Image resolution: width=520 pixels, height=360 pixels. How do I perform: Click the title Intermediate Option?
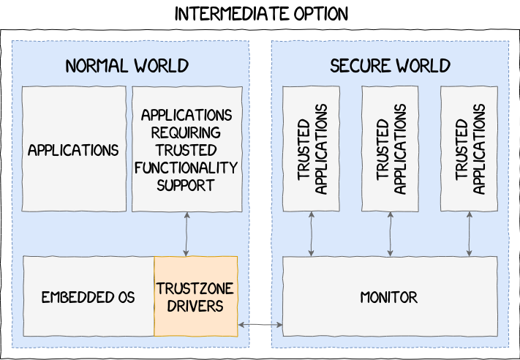[x=261, y=14]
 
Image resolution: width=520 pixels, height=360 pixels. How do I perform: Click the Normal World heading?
[x=127, y=66]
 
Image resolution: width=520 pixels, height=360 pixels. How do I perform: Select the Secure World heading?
[x=390, y=66]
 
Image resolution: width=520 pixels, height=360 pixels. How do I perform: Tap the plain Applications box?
[x=73, y=150]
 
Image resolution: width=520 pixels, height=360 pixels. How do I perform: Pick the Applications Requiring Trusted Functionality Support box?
[x=186, y=150]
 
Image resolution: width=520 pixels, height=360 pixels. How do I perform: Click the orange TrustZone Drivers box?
[x=195, y=296]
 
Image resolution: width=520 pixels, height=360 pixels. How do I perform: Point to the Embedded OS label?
[x=88, y=298]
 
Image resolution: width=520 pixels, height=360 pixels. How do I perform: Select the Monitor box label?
[x=389, y=298]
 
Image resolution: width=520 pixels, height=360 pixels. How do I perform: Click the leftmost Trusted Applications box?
[x=312, y=149]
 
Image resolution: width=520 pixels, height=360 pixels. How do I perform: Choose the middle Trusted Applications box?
[x=391, y=149]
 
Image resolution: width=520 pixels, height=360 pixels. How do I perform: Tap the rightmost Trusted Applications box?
[x=470, y=149]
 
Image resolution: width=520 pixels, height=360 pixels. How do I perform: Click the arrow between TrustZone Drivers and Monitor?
[x=260, y=324]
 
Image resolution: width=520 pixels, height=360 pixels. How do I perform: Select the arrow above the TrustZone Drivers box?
[x=187, y=234]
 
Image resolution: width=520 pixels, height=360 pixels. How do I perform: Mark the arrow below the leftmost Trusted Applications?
[x=312, y=234]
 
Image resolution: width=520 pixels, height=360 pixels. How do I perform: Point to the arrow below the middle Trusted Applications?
[x=391, y=234]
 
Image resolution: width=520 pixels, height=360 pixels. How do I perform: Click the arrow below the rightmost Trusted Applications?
[x=470, y=234]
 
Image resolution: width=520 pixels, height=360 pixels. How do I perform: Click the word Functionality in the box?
[x=186, y=168]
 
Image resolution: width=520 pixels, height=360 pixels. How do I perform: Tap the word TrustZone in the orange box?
[x=195, y=288]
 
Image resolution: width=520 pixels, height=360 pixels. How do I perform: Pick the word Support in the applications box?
[x=186, y=184]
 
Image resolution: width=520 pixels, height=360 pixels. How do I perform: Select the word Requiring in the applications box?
[x=186, y=132]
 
